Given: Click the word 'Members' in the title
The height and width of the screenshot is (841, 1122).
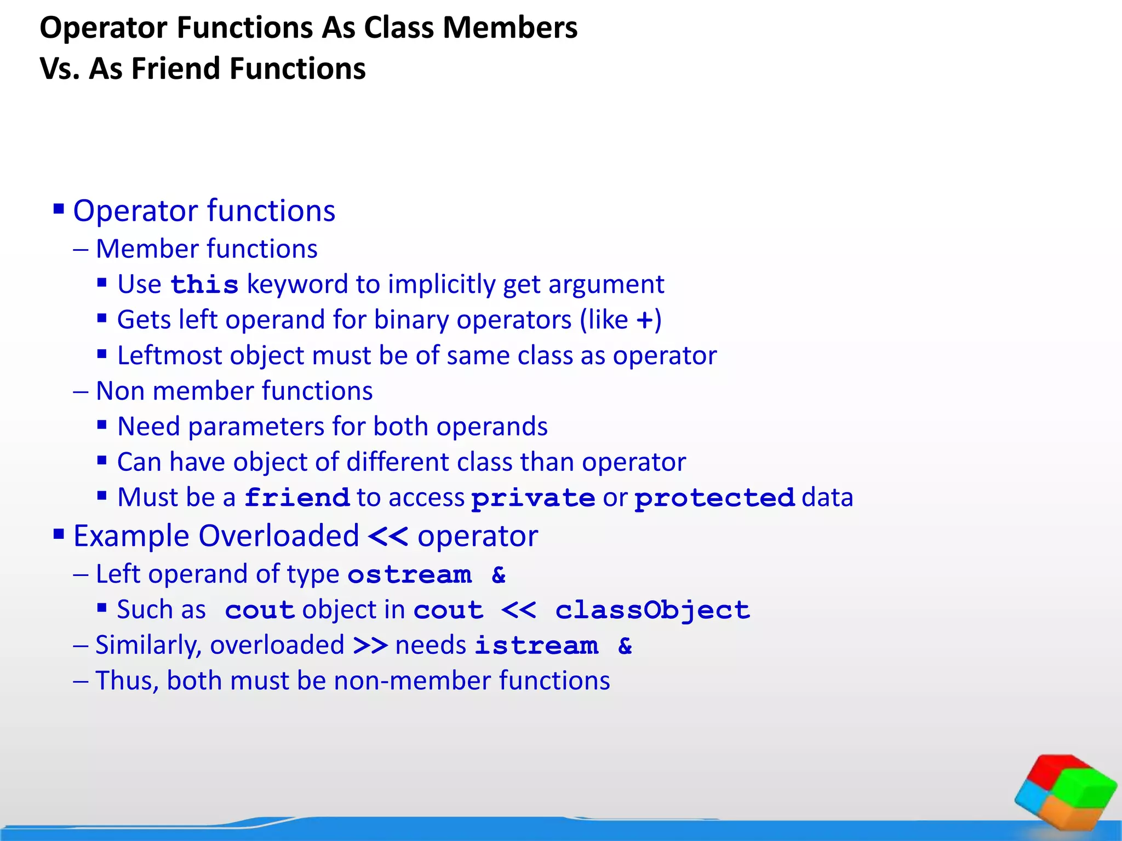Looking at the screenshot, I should pyautogui.click(x=510, y=28).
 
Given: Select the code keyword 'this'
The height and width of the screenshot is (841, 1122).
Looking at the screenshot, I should pyautogui.click(x=204, y=285).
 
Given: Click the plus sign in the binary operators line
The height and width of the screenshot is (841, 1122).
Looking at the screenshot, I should pyautogui.click(x=645, y=320).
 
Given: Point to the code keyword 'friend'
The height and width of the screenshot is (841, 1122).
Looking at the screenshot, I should pyautogui.click(x=296, y=498).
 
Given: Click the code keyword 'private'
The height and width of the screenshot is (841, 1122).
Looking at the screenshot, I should pyautogui.click(x=533, y=498).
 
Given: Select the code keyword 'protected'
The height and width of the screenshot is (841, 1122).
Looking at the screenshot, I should pyautogui.click(x=714, y=498).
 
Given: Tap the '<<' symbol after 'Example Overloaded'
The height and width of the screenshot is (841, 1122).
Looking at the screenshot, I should pyautogui.click(x=388, y=536).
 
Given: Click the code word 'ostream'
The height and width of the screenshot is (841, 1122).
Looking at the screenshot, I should pyautogui.click(x=409, y=574).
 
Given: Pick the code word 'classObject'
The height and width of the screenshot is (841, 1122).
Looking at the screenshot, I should pyautogui.click(x=652, y=610).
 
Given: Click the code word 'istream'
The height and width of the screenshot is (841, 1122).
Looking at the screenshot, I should pyautogui.click(x=536, y=646).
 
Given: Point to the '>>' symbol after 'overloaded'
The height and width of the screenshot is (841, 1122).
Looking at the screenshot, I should pyautogui.click(x=370, y=646).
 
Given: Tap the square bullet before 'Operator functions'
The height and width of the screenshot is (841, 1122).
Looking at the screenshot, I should pyautogui.click(x=59, y=209).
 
